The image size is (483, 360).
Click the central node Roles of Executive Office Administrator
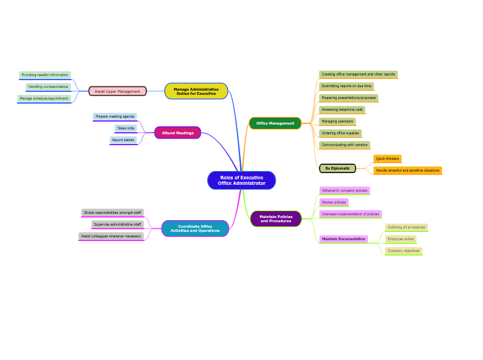(x=241, y=180)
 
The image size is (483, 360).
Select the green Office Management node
(x=275, y=123)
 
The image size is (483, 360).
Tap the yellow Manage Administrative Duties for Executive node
(x=196, y=91)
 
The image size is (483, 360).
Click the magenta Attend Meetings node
(x=178, y=133)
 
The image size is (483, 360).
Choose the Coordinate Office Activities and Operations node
(x=195, y=228)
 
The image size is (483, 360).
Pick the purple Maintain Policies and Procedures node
(x=276, y=219)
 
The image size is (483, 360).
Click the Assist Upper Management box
(x=117, y=91)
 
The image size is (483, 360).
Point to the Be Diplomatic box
(x=337, y=168)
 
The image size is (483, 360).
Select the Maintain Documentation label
(x=343, y=239)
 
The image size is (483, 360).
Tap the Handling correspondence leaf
(x=49, y=87)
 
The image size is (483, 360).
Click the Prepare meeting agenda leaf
(x=115, y=116)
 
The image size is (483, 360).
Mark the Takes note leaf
(x=125, y=128)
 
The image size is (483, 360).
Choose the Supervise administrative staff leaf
(x=117, y=224)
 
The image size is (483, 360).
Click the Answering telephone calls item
(x=342, y=109)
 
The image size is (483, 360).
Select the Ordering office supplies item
(x=340, y=133)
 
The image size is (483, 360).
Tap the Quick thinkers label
(x=387, y=159)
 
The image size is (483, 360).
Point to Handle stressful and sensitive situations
(x=407, y=170)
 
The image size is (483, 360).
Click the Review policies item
(x=334, y=202)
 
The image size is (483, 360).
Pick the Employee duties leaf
(x=401, y=239)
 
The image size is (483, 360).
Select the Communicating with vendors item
(x=344, y=145)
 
